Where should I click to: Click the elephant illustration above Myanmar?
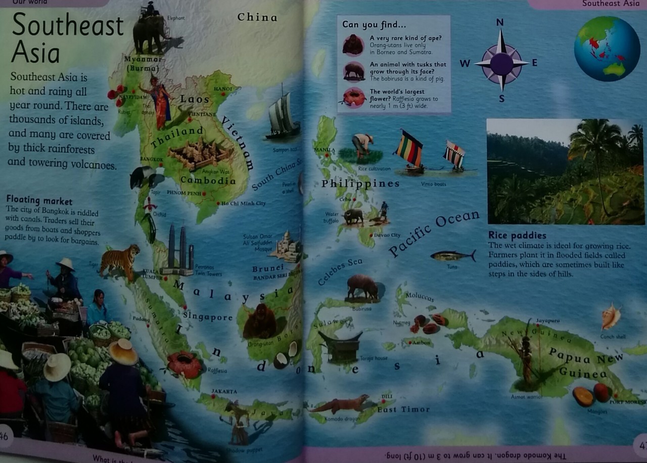click(x=150, y=31)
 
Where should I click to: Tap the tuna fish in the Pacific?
click(x=452, y=256)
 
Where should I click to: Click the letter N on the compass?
click(x=500, y=22)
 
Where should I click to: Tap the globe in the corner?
click(x=607, y=49)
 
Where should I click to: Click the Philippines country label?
click(x=360, y=183)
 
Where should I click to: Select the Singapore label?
click(x=208, y=317)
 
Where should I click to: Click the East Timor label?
click(x=403, y=409)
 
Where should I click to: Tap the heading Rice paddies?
click(x=517, y=236)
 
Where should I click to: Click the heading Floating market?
click(x=39, y=200)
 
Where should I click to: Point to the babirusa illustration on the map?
click(x=362, y=288)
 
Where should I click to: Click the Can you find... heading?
click(x=374, y=25)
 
